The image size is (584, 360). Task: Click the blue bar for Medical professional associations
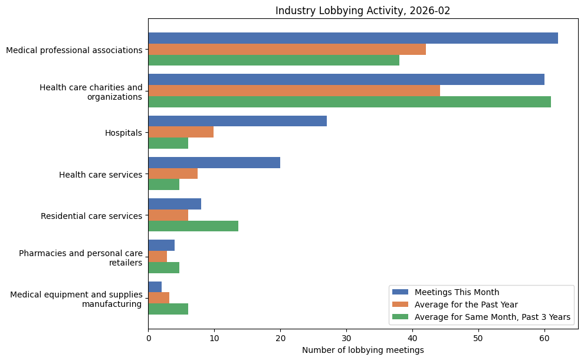tap(353, 38)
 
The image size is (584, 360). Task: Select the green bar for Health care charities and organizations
tap(349, 102)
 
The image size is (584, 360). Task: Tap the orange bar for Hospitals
tap(181, 132)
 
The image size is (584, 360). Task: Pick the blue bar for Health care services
tap(214, 163)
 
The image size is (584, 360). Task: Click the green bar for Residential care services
tap(193, 226)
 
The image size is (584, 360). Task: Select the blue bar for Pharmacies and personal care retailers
tap(161, 246)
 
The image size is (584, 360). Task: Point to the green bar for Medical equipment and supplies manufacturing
tap(168, 309)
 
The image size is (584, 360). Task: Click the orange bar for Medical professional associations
tap(287, 50)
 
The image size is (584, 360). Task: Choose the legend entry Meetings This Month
tap(457, 292)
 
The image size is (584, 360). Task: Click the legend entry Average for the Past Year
tap(466, 305)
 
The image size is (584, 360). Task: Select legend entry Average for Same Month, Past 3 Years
tap(492, 317)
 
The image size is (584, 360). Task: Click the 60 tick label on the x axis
tap(544, 339)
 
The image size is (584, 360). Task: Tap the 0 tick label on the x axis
tap(149, 339)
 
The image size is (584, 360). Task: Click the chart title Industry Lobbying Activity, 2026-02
tap(363, 11)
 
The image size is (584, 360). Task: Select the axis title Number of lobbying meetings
tap(363, 350)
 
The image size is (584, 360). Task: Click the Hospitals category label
tap(123, 133)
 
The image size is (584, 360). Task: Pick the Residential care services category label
tap(91, 216)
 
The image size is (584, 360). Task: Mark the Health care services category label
tap(100, 175)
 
